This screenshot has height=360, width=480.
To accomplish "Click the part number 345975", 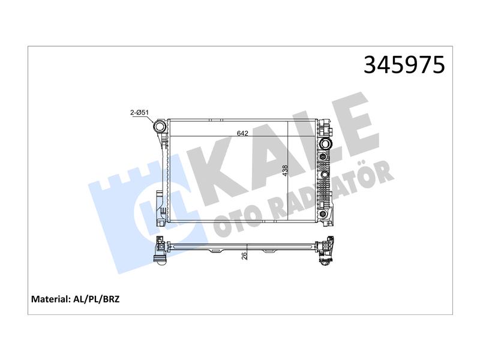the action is click(404, 65).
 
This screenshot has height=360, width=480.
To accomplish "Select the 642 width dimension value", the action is click(242, 133).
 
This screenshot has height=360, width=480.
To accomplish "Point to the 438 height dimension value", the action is click(285, 170).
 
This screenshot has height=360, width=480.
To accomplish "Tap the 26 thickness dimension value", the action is click(244, 256).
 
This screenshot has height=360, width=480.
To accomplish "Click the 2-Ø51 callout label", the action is click(140, 113).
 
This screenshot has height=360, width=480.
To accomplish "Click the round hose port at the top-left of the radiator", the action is click(160, 126).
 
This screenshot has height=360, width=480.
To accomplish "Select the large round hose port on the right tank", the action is click(325, 143).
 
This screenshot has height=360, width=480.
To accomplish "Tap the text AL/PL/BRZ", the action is click(97, 299).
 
